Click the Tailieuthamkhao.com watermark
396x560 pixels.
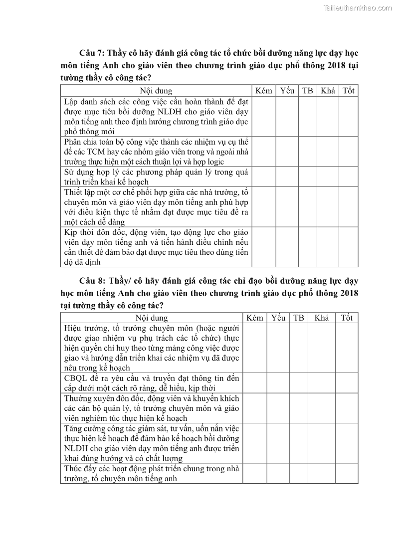coord(358,7)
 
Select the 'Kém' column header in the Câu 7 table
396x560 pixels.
coord(263,91)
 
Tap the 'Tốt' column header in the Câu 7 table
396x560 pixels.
coord(348,91)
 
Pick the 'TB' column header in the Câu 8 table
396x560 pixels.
coord(298,318)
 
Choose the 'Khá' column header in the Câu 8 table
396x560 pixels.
coord(322,318)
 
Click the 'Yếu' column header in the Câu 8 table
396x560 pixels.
coord(278,318)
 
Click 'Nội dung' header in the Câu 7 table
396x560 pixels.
coord(156,91)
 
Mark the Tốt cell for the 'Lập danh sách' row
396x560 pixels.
coord(348,116)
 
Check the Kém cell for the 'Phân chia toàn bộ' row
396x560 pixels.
coord(263,152)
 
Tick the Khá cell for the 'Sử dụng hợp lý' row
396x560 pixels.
coord(328,177)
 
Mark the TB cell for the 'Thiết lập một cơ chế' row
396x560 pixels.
coord(308,207)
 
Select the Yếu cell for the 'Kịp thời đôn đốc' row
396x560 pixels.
coord(287,247)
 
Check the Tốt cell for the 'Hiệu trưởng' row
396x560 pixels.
coord(347,348)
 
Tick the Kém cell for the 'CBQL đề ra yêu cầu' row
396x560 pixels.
coord(255,383)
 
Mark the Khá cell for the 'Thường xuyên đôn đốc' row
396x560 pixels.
coord(322,408)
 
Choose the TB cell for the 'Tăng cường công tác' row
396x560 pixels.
coord(298,443)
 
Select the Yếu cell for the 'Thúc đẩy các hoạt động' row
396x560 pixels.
coord(278,473)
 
